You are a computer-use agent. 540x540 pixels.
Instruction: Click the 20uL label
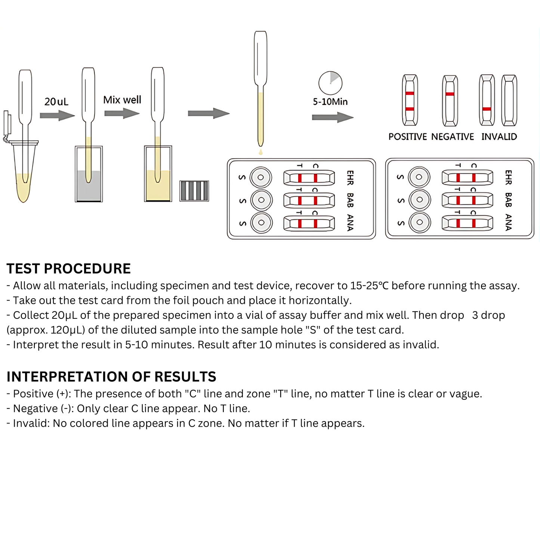[x=56, y=102]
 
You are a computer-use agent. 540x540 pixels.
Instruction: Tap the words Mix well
[x=122, y=100]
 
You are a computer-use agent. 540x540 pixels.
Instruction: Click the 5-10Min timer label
[x=330, y=102]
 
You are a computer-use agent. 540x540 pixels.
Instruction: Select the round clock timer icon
[x=330, y=83]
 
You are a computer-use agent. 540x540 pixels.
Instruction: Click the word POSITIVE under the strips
[x=407, y=137]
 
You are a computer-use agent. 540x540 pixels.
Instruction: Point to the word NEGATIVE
[x=452, y=137]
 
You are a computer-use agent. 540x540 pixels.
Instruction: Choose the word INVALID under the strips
[x=499, y=137]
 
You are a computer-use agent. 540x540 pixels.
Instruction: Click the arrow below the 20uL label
[x=57, y=115]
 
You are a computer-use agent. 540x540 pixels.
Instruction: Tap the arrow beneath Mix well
[x=122, y=113]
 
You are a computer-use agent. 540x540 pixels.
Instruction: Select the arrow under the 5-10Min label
[x=333, y=117]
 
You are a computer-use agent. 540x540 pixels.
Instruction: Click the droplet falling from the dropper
[x=260, y=152]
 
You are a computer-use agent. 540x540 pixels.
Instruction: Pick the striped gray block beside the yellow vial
[x=194, y=191]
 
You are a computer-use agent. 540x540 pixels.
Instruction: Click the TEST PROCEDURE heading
[x=69, y=269]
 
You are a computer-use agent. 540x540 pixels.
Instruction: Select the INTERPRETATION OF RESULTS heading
[x=111, y=377]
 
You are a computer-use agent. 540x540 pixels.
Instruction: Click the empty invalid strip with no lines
[x=509, y=100]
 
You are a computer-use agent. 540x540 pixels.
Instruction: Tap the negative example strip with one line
[x=450, y=100]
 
